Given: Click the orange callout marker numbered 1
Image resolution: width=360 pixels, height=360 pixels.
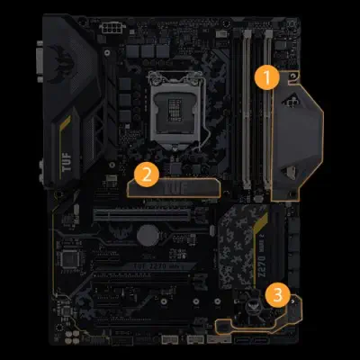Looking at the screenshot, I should (x=264, y=76).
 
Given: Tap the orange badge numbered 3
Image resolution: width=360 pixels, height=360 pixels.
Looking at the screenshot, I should (x=279, y=292).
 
